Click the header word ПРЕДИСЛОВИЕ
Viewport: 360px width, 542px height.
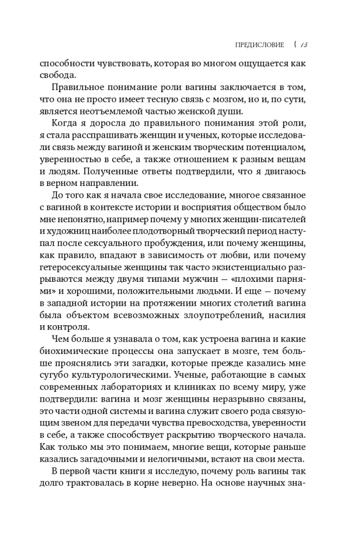tap(257, 45)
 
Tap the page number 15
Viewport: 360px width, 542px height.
tap(303, 45)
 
